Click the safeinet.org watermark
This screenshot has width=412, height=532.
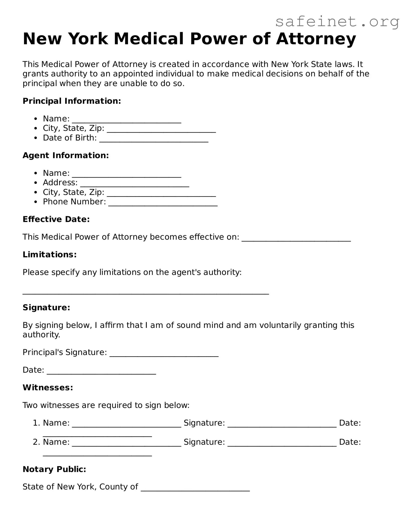[x=337, y=22]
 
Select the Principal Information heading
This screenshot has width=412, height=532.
[x=72, y=101]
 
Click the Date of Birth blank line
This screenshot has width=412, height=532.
[x=154, y=140]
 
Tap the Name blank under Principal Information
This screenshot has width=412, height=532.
[x=127, y=121]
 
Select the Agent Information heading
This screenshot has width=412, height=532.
[x=66, y=156]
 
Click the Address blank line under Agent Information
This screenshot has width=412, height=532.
[x=135, y=185]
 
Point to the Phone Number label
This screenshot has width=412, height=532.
[x=74, y=202]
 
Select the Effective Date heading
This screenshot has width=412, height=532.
[x=56, y=219]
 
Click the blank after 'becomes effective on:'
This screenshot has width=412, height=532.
[x=296, y=239]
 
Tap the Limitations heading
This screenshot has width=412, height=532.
[x=50, y=255]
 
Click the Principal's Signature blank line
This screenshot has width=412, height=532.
[x=164, y=355]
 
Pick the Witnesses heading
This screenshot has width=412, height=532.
[x=48, y=388]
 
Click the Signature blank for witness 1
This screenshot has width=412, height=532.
[x=282, y=425]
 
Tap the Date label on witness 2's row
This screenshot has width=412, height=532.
[x=350, y=442]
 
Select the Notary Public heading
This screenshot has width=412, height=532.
[x=54, y=469]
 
